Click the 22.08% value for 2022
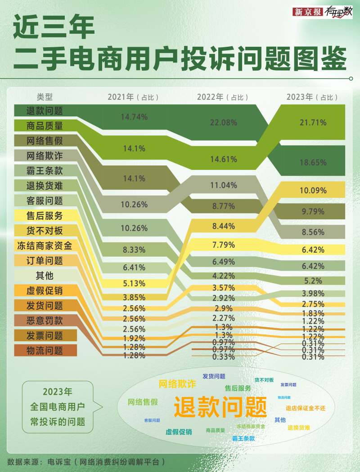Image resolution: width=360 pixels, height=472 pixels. click(x=223, y=122)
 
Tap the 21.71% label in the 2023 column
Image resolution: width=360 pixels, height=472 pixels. click(x=313, y=122)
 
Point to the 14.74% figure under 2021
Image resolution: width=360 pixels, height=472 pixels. click(x=134, y=117)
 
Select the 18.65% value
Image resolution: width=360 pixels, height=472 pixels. click(x=313, y=163)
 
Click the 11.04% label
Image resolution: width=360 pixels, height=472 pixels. click(x=223, y=185)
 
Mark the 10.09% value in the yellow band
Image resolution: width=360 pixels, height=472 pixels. click(x=313, y=190)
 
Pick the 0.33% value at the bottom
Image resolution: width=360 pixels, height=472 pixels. click(x=223, y=357)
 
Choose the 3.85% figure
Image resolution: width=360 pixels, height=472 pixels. click(x=134, y=297)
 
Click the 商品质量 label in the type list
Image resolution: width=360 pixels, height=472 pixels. click(x=45, y=126)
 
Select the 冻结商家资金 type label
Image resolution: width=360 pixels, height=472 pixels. click(x=45, y=246)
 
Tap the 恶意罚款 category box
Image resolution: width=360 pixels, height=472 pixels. click(x=45, y=321)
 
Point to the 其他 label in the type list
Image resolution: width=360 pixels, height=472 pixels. click(x=45, y=276)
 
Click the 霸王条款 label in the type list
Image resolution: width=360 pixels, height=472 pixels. click(x=45, y=171)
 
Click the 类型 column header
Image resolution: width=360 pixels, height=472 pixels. click(x=45, y=97)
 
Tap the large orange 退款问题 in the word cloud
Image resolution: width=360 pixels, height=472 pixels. click(x=220, y=407)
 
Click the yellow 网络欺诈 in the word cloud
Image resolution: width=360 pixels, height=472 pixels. click(x=177, y=384)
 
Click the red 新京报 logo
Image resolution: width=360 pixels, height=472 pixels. click(x=308, y=12)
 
